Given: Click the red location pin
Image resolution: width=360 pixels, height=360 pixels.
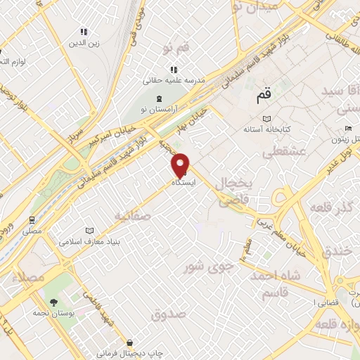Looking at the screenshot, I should [181, 164].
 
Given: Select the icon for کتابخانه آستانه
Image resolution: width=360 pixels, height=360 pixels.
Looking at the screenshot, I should [265, 118].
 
